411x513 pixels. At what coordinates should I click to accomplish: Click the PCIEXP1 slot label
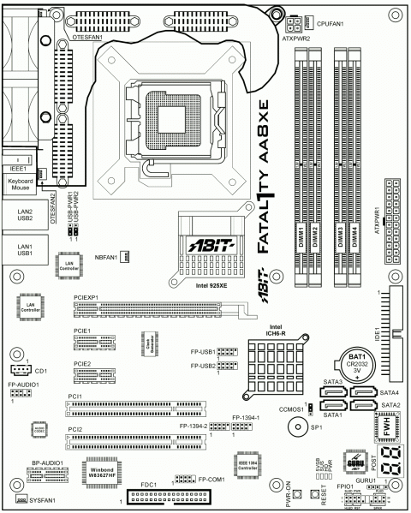87,296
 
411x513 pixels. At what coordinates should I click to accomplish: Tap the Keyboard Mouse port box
21,186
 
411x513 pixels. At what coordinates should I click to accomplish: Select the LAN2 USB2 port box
21,216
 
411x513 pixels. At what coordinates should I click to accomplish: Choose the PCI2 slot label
75,429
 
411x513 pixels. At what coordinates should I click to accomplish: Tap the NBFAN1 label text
106,256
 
